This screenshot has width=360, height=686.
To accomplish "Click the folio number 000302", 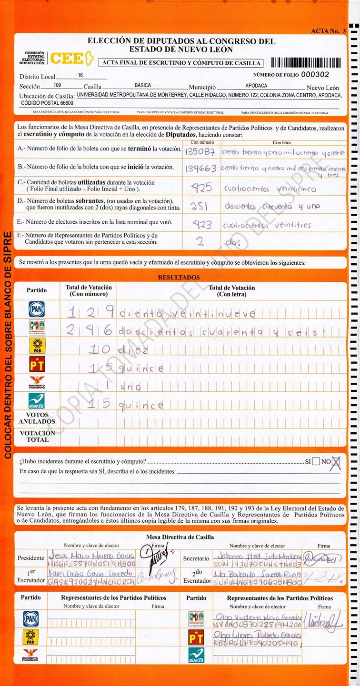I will [x=315, y=75].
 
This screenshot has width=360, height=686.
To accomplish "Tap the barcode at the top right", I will [x=306, y=62].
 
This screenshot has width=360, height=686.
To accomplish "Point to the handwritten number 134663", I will [x=200, y=169].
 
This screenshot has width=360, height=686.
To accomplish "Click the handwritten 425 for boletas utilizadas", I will [x=201, y=188].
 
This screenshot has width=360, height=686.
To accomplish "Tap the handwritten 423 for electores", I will [x=201, y=224].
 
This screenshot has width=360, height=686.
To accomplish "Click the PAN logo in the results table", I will [x=37, y=309].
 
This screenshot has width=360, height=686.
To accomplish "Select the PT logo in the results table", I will [x=37, y=365].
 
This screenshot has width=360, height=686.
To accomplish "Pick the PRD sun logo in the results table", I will [x=37, y=347].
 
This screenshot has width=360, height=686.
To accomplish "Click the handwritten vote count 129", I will [x=90, y=312].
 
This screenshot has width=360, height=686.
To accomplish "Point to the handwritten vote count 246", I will [x=90, y=331].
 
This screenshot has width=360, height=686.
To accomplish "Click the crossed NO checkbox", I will [x=336, y=461].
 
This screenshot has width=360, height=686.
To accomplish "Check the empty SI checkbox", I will [x=316, y=461].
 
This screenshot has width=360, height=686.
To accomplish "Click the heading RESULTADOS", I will [x=179, y=278].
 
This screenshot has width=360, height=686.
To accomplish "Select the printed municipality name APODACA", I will [x=256, y=86].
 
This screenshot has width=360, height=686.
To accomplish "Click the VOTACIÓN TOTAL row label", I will [x=38, y=437].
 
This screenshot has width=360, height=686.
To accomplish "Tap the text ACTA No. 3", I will [x=328, y=31].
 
